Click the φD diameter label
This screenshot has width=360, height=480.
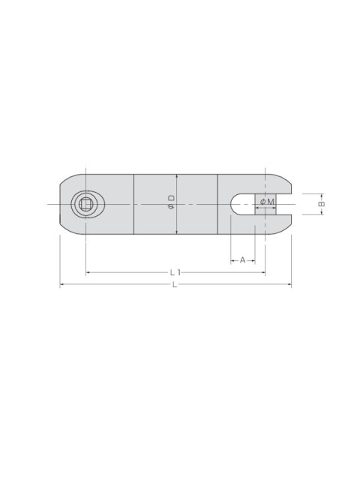[x=172, y=202]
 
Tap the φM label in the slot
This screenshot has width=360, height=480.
[x=267, y=202]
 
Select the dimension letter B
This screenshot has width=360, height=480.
[x=322, y=204]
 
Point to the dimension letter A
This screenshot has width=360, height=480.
[x=242, y=260]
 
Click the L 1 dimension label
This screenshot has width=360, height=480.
[x=175, y=272]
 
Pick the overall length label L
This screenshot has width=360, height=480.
[x=175, y=285]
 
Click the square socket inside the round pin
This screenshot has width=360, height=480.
[x=85, y=204]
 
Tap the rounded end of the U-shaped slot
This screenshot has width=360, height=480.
[x=235, y=204]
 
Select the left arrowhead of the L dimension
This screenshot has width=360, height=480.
[x=61, y=285]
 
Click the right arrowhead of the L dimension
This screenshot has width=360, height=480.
[x=289, y=285]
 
